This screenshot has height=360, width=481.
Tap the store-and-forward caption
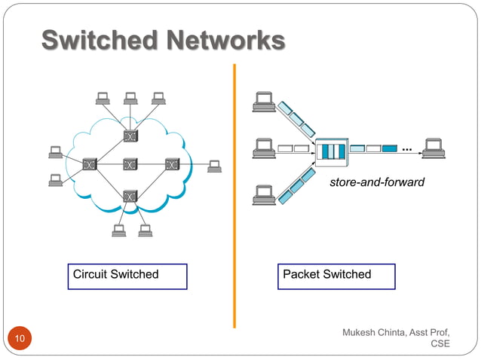pos(377,182)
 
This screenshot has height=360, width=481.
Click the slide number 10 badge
pos(19,340)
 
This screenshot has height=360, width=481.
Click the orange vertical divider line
pos(234,196)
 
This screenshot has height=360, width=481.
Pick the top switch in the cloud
pos(131,136)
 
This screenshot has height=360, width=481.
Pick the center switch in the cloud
pos(131,163)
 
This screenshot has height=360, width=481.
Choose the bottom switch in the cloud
pos(131,196)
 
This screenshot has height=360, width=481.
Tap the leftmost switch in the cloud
pos(90,163)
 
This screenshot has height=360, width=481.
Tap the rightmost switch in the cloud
pos(173,163)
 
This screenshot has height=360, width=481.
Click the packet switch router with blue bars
pos(330,151)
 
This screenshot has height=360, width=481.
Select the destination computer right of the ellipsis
pos(433,148)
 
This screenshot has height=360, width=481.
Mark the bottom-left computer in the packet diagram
pos(264,194)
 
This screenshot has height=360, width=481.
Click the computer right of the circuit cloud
pos(215,165)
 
